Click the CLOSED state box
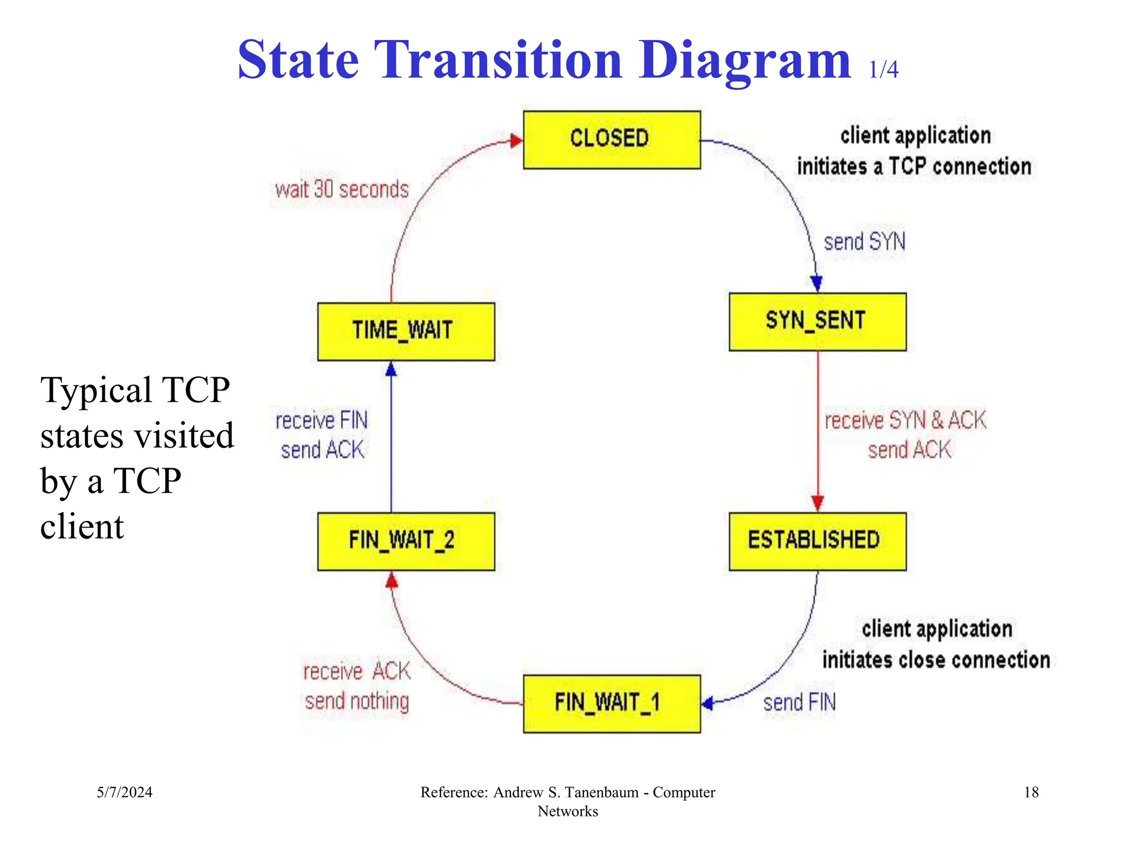[x=612, y=140]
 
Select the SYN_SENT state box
[x=817, y=322]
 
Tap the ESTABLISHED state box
[x=817, y=541]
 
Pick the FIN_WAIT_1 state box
[x=612, y=703]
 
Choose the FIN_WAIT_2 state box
[x=405, y=541]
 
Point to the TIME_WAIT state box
[x=405, y=331]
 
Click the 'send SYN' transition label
[x=864, y=242]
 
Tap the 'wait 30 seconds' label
[x=342, y=190]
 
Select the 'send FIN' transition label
[x=799, y=703]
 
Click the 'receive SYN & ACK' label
[x=905, y=420]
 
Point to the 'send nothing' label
[x=357, y=702]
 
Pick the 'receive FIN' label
[x=322, y=420]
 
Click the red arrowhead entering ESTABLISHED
[x=818, y=503]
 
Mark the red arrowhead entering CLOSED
[x=516, y=140]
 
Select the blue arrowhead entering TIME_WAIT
[x=391, y=369]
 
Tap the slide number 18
[x=1031, y=792]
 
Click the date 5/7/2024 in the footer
[x=124, y=792]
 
